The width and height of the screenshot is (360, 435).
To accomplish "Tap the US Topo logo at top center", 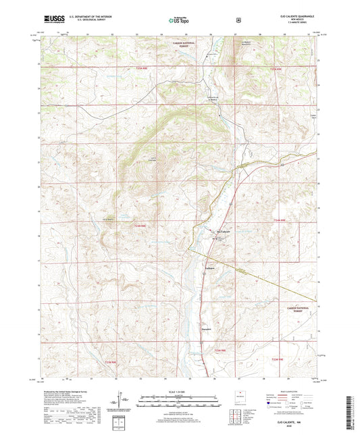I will (x=179, y=20).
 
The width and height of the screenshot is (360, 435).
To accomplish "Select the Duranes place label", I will (x=207, y=329).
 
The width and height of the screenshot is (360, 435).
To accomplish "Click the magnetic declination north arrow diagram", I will (x=120, y=403).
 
